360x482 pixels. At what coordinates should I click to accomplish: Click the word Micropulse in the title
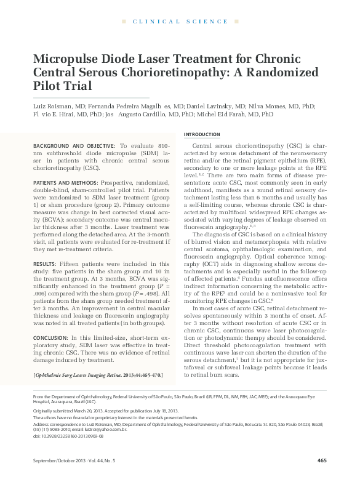coord(67,58)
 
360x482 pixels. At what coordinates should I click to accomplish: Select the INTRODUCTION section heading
coord(202,134)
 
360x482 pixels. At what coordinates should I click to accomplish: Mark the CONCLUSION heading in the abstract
coord(49,337)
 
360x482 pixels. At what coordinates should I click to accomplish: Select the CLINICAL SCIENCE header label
coord(180,22)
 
